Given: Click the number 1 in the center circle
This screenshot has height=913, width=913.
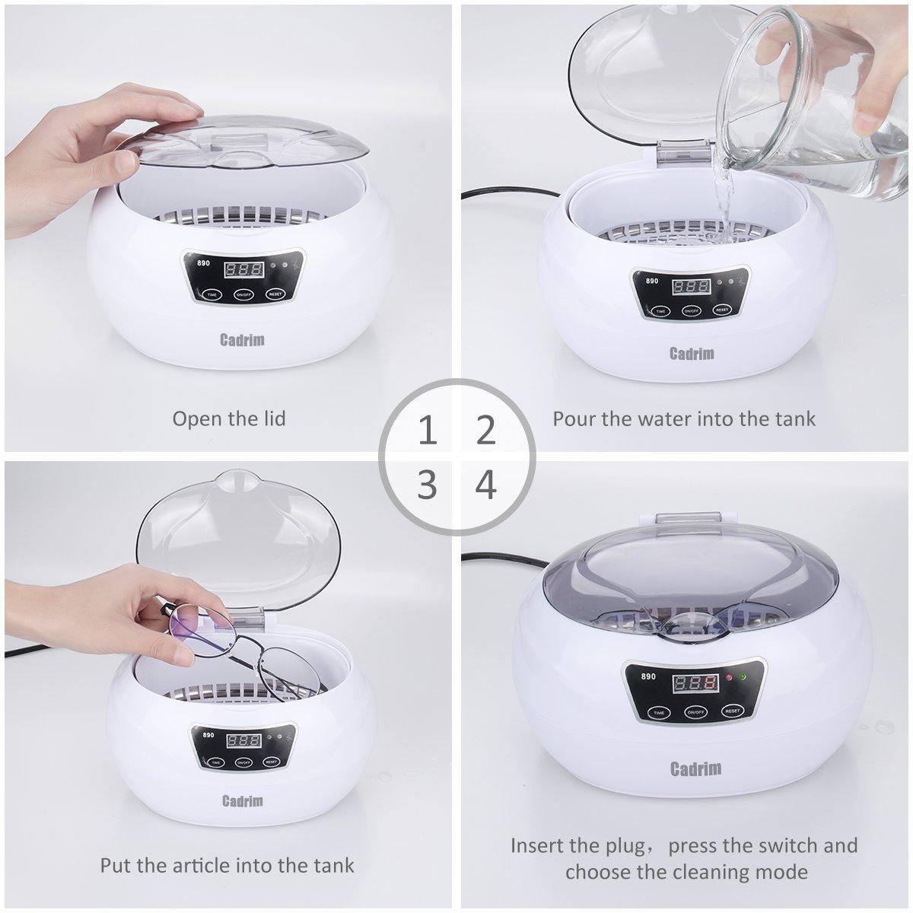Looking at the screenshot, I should click(x=428, y=431).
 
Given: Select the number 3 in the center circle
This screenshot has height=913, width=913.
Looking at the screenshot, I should click(x=428, y=484).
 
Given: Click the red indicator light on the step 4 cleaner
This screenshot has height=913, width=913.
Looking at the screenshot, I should click(x=729, y=676).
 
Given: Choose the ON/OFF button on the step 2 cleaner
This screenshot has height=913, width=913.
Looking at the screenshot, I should click(x=691, y=310).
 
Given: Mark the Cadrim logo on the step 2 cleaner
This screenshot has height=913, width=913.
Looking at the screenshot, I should click(x=691, y=353).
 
